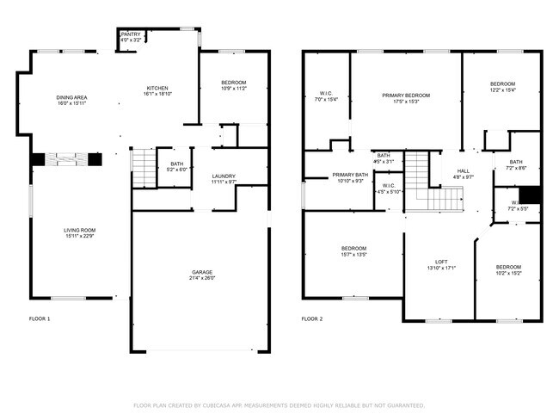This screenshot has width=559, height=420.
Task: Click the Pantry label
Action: coord(131,34)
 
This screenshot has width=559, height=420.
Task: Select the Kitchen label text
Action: coord(157,89)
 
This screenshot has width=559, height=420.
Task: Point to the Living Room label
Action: coord(78,230)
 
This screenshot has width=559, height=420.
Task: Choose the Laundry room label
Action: coord(224,176)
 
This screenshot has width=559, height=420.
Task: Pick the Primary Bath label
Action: coord(350,176)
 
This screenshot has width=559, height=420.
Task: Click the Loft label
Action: coord(440,262)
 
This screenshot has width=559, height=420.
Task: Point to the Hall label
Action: coord(463,170)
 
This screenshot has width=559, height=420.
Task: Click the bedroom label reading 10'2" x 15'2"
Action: coord(507,272)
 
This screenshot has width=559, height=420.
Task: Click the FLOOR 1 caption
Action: coord(40,319)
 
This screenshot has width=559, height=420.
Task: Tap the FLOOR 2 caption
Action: coord(311,319)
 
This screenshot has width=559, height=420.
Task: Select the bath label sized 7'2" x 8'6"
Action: coord(516,166)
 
